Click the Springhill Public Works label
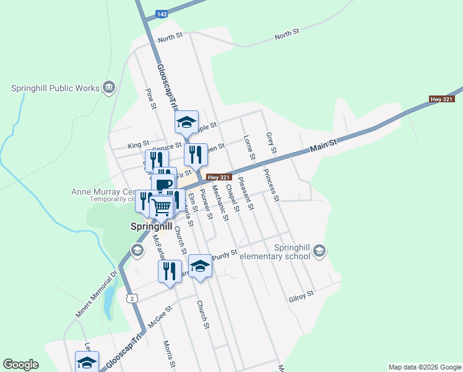tap(55, 88)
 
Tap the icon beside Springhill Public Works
tap(110, 87)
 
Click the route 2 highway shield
tap(131, 298)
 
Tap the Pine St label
tap(150, 99)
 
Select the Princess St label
tap(271, 184)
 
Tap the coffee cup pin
tap(164, 184)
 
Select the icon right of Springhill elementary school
tap(319, 250)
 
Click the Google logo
tap(20, 365)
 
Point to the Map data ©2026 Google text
tap(424, 367)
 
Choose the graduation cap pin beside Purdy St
tap(200, 267)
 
